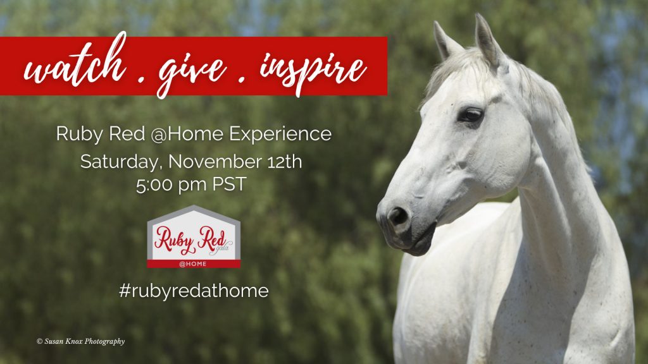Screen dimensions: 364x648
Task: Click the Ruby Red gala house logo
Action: tap(194, 236)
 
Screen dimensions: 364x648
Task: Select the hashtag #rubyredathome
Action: tap(194, 290)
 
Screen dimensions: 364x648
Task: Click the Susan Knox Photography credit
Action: tap(80, 341)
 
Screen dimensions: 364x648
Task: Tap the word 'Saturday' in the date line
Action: tap(115, 161)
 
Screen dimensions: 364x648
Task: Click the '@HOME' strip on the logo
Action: tap(194, 264)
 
